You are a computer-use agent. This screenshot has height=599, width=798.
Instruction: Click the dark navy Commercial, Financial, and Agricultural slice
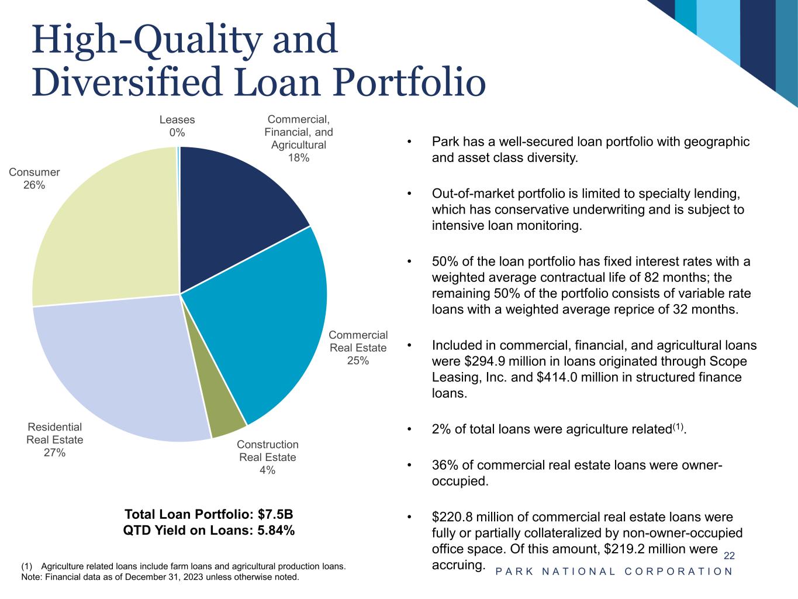[234, 205]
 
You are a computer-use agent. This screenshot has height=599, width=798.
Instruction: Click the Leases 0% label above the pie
[177, 126]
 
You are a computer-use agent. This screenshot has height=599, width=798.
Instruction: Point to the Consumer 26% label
[34, 178]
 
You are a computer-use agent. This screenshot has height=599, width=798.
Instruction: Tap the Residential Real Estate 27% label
[55, 440]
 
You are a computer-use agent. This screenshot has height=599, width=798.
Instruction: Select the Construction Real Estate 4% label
[268, 457]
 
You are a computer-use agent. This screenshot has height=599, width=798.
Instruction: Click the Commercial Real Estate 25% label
[358, 347]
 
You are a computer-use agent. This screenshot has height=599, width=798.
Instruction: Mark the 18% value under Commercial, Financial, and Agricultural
[299, 158]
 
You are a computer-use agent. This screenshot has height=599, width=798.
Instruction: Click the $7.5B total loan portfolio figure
[275, 515]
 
